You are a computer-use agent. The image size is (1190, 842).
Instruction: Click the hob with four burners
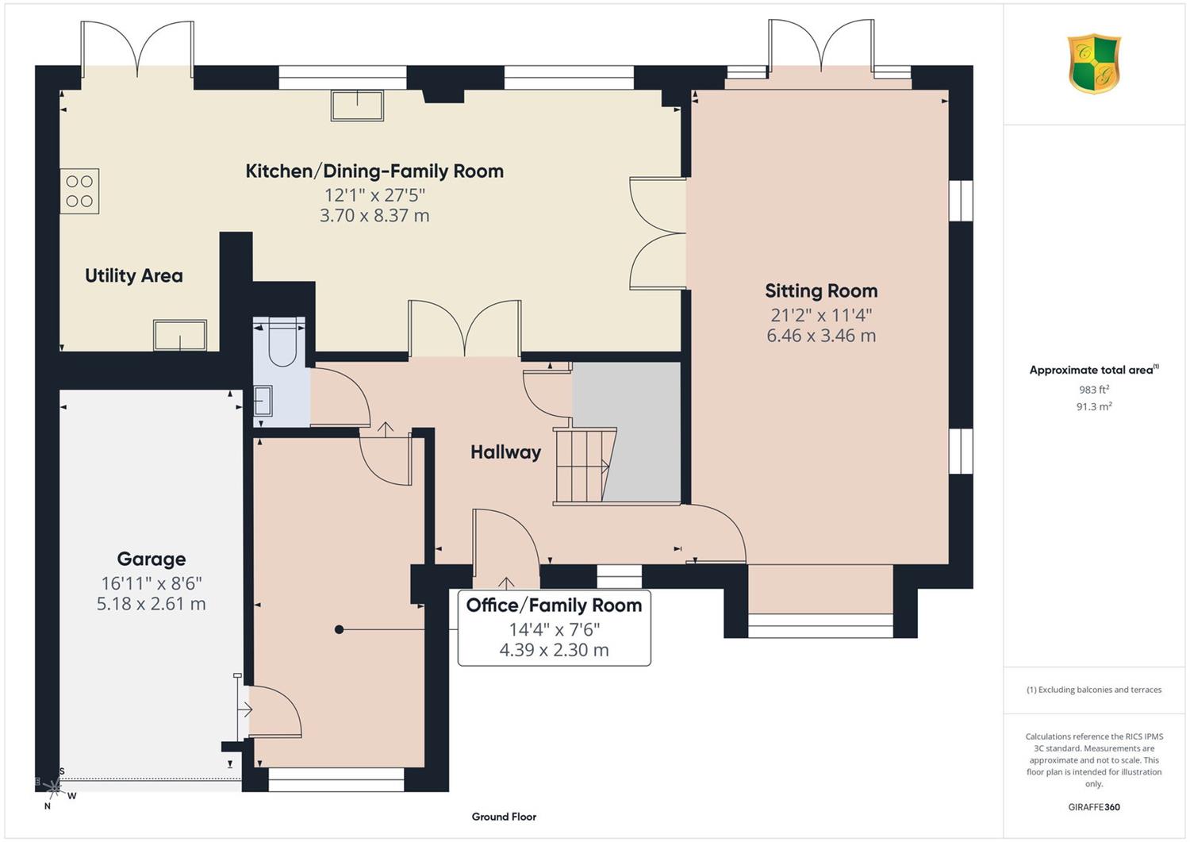(79, 190)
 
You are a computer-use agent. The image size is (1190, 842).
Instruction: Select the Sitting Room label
(821, 290)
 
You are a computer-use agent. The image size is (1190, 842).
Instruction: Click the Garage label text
(152, 559)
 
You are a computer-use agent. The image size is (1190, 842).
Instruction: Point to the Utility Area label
(134, 275)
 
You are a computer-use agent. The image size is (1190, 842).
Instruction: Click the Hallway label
(506, 452)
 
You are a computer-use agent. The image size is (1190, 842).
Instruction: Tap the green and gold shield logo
(1094, 63)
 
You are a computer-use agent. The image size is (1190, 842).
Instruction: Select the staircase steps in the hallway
(585, 466)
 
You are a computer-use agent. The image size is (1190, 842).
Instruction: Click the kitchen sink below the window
(358, 106)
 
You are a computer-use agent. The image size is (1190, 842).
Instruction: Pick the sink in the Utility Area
(180, 335)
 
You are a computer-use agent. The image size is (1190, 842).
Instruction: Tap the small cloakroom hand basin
(263, 401)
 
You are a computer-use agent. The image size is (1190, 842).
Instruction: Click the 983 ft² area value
(1094, 389)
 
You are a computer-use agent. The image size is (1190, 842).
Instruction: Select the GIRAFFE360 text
(1094, 807)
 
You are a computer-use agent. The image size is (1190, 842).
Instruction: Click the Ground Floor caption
(504, 817)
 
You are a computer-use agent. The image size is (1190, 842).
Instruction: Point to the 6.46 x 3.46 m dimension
(821, 336)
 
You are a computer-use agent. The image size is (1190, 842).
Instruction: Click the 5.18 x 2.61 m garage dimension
(152, 604)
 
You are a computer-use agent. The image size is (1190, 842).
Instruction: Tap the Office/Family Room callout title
(554, 605)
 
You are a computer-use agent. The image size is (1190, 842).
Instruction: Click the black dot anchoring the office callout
(339, 630)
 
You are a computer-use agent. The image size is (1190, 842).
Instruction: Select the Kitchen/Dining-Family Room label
(374, 171)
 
